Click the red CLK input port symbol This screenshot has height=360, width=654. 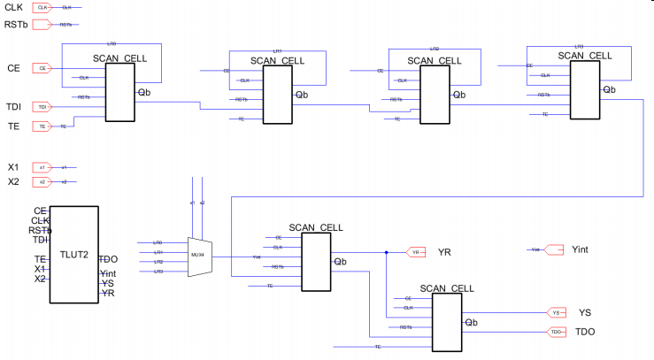42,7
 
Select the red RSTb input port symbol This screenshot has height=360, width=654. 42,25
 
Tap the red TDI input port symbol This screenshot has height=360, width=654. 42,107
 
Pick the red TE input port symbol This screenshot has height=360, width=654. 42,126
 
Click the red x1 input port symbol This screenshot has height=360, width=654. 42,167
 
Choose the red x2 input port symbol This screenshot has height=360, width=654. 42,181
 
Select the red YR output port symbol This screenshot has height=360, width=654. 416,252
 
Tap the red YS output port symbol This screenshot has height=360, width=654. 556,312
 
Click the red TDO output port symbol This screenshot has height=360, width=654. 556,332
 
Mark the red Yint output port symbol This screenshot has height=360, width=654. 553,249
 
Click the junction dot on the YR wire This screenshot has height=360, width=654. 387,252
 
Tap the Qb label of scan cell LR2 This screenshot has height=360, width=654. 458,94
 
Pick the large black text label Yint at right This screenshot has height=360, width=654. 581,249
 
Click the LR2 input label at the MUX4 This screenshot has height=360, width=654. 158,262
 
